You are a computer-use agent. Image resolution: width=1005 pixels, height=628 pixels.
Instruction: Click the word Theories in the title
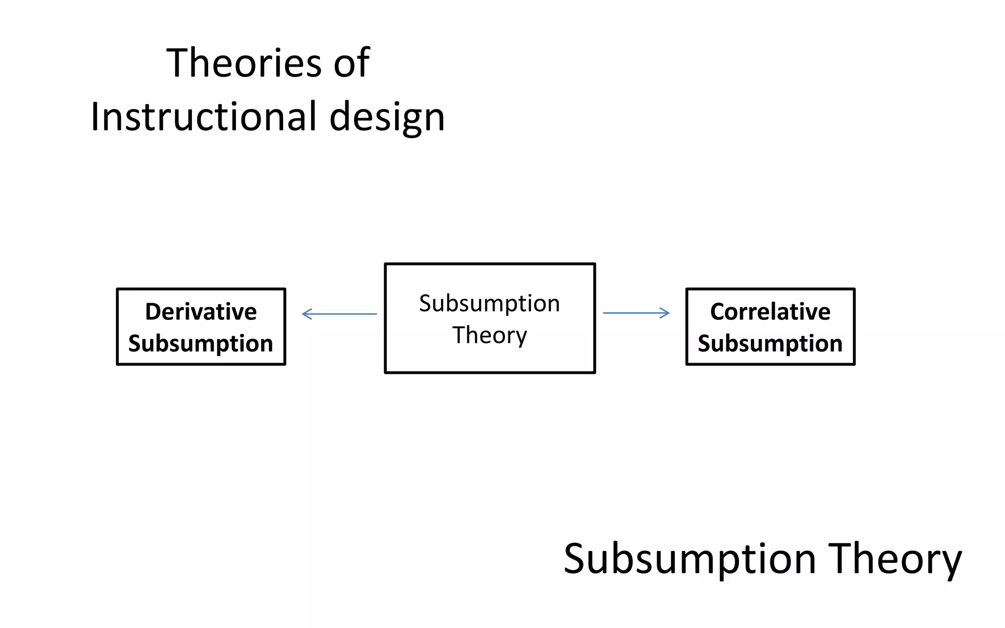[x=244, y=63]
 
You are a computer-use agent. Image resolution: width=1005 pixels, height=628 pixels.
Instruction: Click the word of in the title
[x=351, y=63]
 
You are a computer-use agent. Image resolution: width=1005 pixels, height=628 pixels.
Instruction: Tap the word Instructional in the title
[x=204, y=117]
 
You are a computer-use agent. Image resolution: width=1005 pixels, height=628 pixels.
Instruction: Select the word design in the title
[x=387, y=118]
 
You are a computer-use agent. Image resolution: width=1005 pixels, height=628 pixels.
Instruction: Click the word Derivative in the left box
[x=201, y=312]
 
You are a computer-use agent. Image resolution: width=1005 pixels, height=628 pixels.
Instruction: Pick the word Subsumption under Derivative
[x=201, y=343]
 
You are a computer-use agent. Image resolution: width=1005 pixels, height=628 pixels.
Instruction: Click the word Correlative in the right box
[x=770, y=312]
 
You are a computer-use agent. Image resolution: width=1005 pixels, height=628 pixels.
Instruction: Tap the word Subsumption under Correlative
[x=770, y=343]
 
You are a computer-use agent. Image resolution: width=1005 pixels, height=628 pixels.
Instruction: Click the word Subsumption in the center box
[x=489, y=303]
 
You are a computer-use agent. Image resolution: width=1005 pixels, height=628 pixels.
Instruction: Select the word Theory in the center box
[x=489, y=336]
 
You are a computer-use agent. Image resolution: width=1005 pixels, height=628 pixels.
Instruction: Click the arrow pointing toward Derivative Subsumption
[x=340, y=314]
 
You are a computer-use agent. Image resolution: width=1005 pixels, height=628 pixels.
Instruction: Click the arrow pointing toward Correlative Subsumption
[x=636, y=313]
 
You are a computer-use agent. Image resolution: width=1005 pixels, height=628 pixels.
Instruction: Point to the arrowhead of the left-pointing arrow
[x=306, y=314]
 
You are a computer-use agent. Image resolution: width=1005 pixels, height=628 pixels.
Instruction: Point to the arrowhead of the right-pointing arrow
[x=666, y=313]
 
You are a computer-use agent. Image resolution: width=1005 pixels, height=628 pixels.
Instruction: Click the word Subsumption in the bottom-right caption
[x=689, y=559]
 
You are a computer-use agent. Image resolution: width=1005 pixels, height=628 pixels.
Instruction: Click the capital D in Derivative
[x=153, y=312]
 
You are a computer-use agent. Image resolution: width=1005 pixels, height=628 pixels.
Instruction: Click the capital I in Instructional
[x=95, y=117]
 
